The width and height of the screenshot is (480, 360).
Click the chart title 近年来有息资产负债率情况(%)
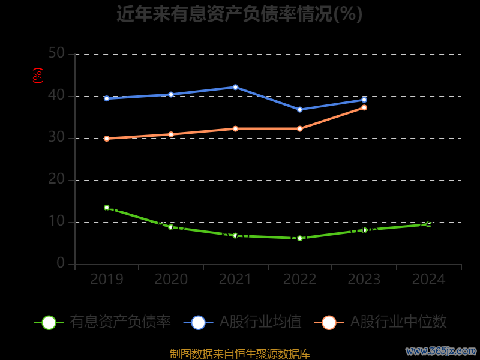click(239, 14)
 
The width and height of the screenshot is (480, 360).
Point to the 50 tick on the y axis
click(56, 53)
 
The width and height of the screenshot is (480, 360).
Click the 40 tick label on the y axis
click(56, 95)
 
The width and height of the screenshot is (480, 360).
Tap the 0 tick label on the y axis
click(61, 263)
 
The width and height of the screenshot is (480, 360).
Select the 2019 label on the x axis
click(106, 279)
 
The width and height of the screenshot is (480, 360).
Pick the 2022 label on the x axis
click(299, 279)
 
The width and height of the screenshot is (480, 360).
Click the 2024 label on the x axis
click(428, 279)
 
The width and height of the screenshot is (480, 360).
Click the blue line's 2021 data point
click(235, 87)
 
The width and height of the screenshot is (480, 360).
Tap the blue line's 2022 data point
click(300, 110)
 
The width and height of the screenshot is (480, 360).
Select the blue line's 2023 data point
click(364, 100)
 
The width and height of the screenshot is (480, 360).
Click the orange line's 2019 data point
click(107, 139)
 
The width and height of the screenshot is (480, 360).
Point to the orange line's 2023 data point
click(364, 107)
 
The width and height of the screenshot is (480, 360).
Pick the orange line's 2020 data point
click(171, 134)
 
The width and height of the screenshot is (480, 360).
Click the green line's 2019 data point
click(107, 208)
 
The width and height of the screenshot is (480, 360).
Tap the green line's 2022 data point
click(300, 238)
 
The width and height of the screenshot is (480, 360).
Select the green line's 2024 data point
click(428, 224)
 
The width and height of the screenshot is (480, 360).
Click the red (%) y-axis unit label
click(37, 76)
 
